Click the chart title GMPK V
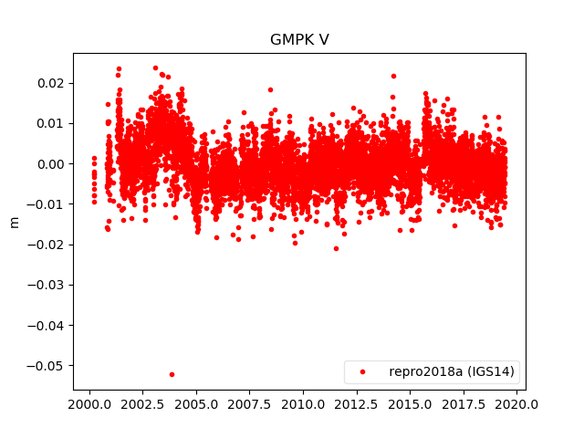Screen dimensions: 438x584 click(299, 40)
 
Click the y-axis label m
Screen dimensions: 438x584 click(14, 222)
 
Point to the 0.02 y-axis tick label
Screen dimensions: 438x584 click(52, 83)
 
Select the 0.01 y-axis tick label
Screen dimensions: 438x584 click(52, 123)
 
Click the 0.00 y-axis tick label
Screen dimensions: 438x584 click(52, 164)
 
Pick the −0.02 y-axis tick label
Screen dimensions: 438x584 click(48, 245)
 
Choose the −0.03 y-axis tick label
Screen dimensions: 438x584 click(48, 285)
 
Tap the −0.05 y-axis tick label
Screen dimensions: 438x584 click(48, 365)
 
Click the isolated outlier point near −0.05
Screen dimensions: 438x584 click(172, 374)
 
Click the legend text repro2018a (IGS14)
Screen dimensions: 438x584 click(451, 372)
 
